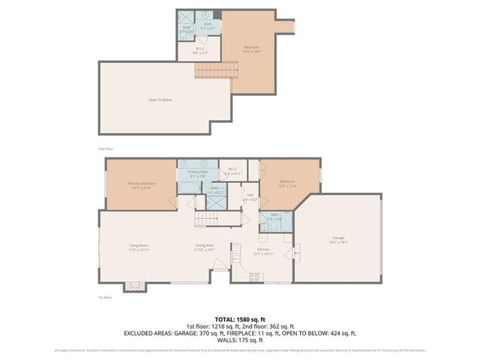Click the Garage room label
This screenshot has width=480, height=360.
point(339,240)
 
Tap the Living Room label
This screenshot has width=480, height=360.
point(139,247)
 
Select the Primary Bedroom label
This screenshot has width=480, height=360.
point(141,185)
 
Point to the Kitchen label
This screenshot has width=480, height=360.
point(263,250)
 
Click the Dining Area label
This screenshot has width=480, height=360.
point(205,247)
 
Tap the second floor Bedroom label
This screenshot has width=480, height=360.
point(252,49)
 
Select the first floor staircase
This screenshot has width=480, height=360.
point(206,218)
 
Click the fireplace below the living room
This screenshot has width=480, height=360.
point(135,286)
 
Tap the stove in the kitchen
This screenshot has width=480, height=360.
point(254,277)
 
